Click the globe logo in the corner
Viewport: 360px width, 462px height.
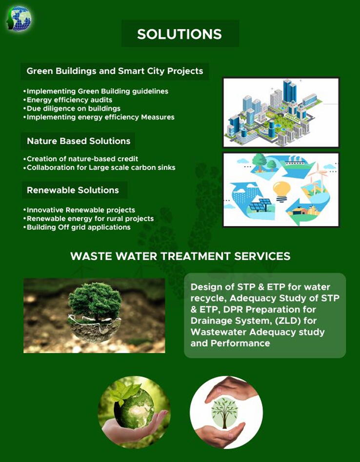(x=19, y=19)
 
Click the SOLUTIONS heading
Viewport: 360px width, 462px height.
(x=180, y=34)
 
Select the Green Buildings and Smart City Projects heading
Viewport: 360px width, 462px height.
(x=115, y=71)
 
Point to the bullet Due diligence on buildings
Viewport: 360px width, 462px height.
(x=72, y=108)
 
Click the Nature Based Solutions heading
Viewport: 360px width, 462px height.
(x=79, y=141)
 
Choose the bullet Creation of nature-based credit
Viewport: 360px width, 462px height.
(x=80, y=159)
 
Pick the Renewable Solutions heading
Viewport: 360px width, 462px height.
(x=73, y=190)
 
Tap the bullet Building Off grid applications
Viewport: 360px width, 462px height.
(x=77, y=227)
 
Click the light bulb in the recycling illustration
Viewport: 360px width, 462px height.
(x=281, y=191)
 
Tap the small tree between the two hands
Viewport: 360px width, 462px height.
(x=225, y=412)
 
